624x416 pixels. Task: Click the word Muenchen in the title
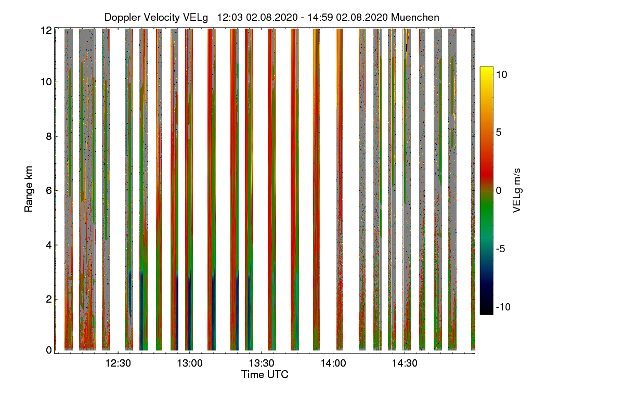tap(415, 17)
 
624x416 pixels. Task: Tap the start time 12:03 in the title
tap(228, 17)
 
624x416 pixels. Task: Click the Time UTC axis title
tap(265, 374)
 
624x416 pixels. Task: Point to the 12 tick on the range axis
tap(46, 30)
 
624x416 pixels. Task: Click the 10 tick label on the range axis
tap(46, 82)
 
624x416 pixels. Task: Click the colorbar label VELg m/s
tap(516, 190)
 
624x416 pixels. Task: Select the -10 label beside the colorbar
tap(502, 307)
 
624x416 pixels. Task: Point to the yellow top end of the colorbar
tap(486, 69)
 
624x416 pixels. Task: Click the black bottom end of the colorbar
tap(486, 312)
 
